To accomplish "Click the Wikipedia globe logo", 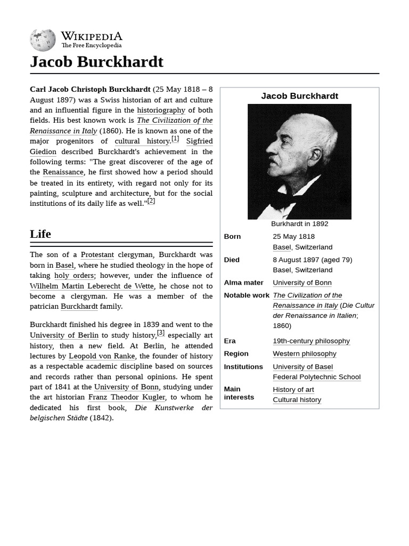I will [x=43, y=40].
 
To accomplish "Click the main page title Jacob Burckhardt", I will [x=96, y=62].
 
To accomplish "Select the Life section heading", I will [x=40, y=234].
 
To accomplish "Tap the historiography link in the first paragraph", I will [x=161, y=110].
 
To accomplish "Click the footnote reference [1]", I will [x=175, y=139].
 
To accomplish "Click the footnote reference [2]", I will [x=151, y=201].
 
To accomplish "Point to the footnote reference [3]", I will [x=161, y=333].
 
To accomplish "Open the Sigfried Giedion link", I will [x=199, y=141].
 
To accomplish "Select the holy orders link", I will [x=74, y=276].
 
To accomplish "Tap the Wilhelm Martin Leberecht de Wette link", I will [x=92, y=286].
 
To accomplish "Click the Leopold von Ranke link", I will [x=102, y=356].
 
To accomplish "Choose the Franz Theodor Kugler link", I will [x=127, y=397].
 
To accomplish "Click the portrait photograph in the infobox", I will [x=299, y=161].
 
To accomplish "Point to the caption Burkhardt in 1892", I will [x=299, y=224].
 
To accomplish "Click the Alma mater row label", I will [x=243, y=283].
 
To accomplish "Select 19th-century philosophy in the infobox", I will [x=311, y=341].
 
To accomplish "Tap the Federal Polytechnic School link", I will [x=316, y=377].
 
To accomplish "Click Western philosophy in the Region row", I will [x=304, y=354].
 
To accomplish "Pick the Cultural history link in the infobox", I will [x=297, y=400].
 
